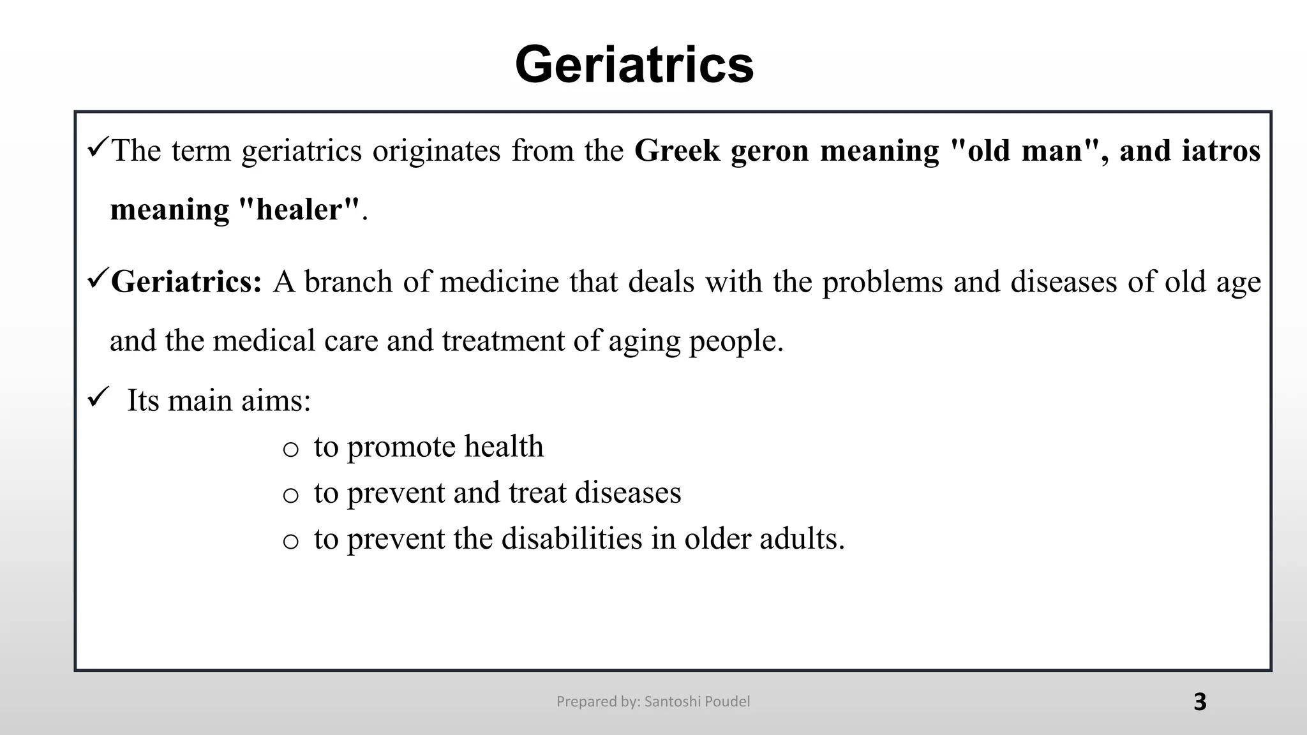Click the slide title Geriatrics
click(x=634, y=64)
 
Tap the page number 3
click(x=1200, y=702)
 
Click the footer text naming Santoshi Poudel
click(x=653, y=702)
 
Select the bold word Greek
click(x=677, y=151)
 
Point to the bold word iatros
click(x=1221, y=151)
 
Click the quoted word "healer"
click(x=299, y=210)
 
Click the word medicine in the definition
click(x=499, y=282)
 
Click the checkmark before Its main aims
click(x=99, y=398)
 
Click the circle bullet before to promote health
click(x=290, y=449)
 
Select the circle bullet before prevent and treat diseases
click(x=290, y=495)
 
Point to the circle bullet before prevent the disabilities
click(x=290, y=541)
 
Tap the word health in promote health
click(x=504, y=447)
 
